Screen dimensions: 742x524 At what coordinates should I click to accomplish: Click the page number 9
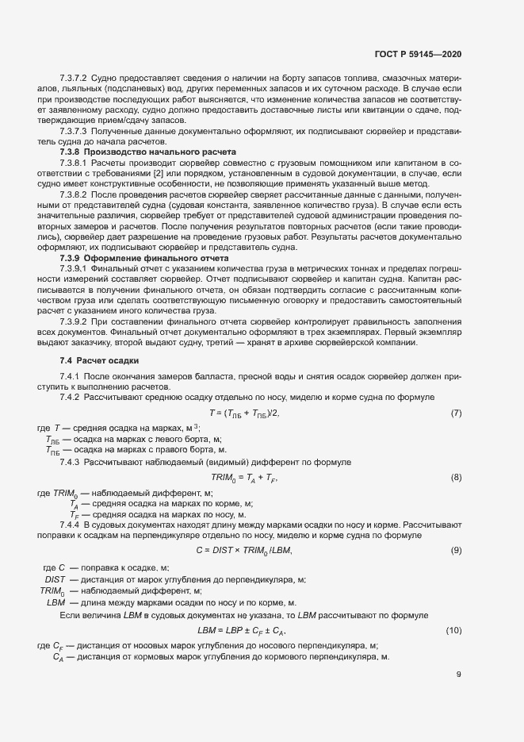459,675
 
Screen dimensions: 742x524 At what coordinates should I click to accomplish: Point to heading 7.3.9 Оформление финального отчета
144,259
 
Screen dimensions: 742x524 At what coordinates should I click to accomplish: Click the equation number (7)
456,413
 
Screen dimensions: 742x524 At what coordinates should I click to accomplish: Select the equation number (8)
456,477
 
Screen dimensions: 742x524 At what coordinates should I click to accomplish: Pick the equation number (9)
456,551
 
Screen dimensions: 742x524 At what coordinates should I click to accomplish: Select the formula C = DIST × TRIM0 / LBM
244,551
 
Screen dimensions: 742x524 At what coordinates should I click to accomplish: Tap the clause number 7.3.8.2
73,194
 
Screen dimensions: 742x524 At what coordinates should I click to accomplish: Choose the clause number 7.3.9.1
73,269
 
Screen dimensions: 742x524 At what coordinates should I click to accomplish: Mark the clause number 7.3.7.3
73,129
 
